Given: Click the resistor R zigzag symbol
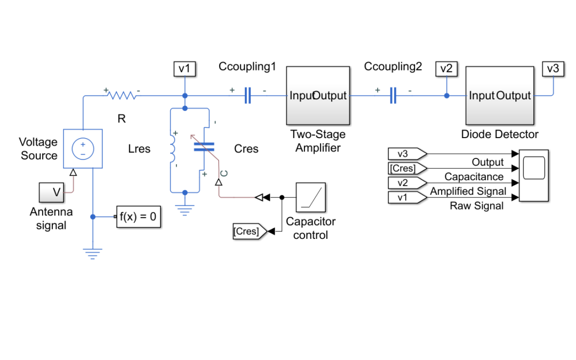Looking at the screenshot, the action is [x=122, y=95].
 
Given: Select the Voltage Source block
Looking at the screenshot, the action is [x=83, y=148].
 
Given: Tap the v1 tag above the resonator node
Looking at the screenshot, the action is [x=185, y=69].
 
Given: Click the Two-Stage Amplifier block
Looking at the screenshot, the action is [x=318, y=95].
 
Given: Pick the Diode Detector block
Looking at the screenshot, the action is [x=500, y=95].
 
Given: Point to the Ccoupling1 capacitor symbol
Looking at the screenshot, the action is [x=247, y=95].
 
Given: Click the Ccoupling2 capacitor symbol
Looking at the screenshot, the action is [x=393, y=95].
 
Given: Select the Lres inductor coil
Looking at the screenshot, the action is [x=172, y=148].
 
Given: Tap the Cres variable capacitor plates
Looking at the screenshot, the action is [x=204, y=147].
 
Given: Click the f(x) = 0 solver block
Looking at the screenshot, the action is [x=139, y=217].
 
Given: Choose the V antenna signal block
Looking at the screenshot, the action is [x=51, y=192].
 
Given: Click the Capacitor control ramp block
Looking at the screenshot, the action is [x=310, y=197].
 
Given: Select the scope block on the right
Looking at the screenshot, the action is [x=534, y=175].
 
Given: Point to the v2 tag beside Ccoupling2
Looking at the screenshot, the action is [x=446, y=69].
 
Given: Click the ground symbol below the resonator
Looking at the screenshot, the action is [x=185, y=211].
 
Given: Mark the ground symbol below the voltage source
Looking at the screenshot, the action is [x=93, y=254].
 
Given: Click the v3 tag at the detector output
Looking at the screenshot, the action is [x=553, y=69].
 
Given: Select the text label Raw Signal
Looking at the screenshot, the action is [x=476, y=206].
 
